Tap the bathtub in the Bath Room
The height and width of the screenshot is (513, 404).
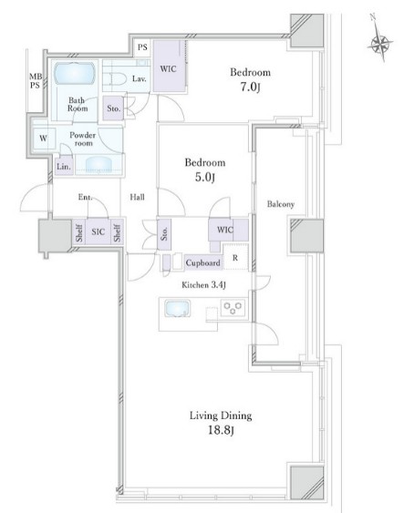click(75, 74)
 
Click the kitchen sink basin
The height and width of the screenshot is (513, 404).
click(177, 309)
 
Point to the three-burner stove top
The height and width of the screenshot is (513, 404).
click(233, 308)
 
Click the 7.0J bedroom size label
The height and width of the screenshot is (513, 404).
click(251, 87)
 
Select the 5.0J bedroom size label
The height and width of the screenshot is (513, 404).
click(205, 178)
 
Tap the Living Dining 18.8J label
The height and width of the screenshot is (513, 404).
click(221, 423)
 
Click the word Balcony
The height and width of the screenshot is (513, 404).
click(281, 204)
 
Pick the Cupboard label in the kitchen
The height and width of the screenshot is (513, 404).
click(202, 262)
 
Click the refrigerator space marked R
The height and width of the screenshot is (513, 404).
click(235, 258)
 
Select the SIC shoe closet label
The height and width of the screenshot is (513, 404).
click(98, 232)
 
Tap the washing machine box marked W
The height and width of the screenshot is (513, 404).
click(44, 139)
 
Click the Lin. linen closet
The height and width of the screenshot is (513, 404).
click(64, 166)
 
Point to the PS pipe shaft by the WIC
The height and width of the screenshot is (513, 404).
click(142, 47)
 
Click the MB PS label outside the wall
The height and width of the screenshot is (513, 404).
click(36, 81)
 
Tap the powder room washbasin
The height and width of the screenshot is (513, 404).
click(98, 165)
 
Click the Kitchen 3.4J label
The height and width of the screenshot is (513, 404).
click(203, 285)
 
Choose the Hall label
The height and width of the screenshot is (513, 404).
click(137, 197)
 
